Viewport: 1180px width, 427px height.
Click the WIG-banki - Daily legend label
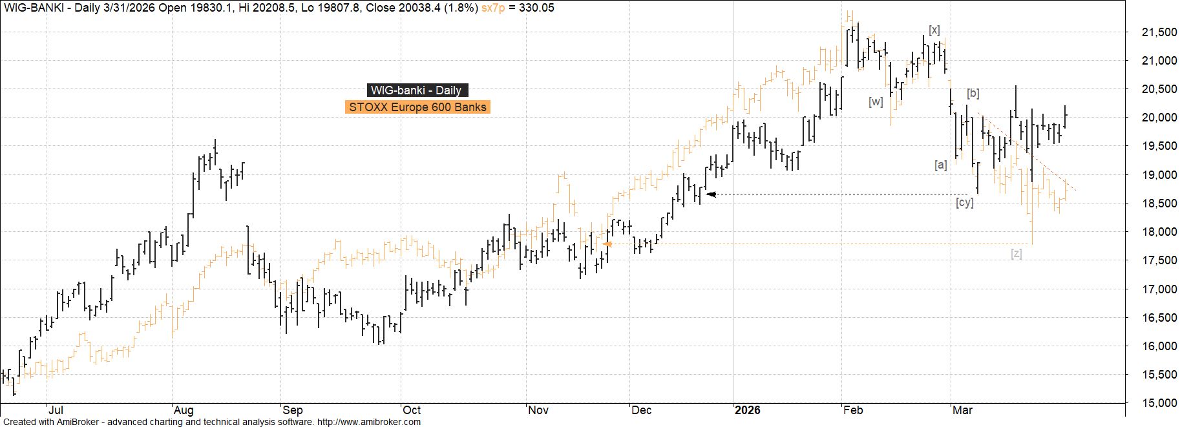(416, 90)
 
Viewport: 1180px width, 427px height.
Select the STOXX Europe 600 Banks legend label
(417, 107)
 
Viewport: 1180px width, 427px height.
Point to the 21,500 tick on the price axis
(1152, 32)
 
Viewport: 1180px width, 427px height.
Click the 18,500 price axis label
(1152, 203)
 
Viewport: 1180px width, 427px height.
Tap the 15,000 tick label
(1152, 403)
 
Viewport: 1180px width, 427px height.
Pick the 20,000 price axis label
(1152, 118)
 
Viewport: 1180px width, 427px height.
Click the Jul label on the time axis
(56, 410)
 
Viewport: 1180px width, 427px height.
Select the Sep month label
(293, 410)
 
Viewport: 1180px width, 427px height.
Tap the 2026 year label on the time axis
(748, 410)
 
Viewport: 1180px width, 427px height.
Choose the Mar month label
(963, 410)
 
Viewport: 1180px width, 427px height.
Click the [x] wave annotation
(934, 30)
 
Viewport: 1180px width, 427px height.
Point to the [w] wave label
(876, 101)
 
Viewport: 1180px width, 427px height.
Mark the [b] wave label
(973, 94)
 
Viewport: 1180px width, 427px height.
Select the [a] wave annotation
(941, 165)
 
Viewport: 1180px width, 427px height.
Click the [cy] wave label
(964, 203)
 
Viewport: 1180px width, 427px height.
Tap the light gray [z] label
(1017, 254)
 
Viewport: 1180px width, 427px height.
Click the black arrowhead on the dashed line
(711, 194)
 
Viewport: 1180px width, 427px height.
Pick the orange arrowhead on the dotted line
(607, 244)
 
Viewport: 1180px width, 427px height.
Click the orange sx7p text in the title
(494, 8)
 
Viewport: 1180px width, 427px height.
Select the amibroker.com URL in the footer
(368, 422)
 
